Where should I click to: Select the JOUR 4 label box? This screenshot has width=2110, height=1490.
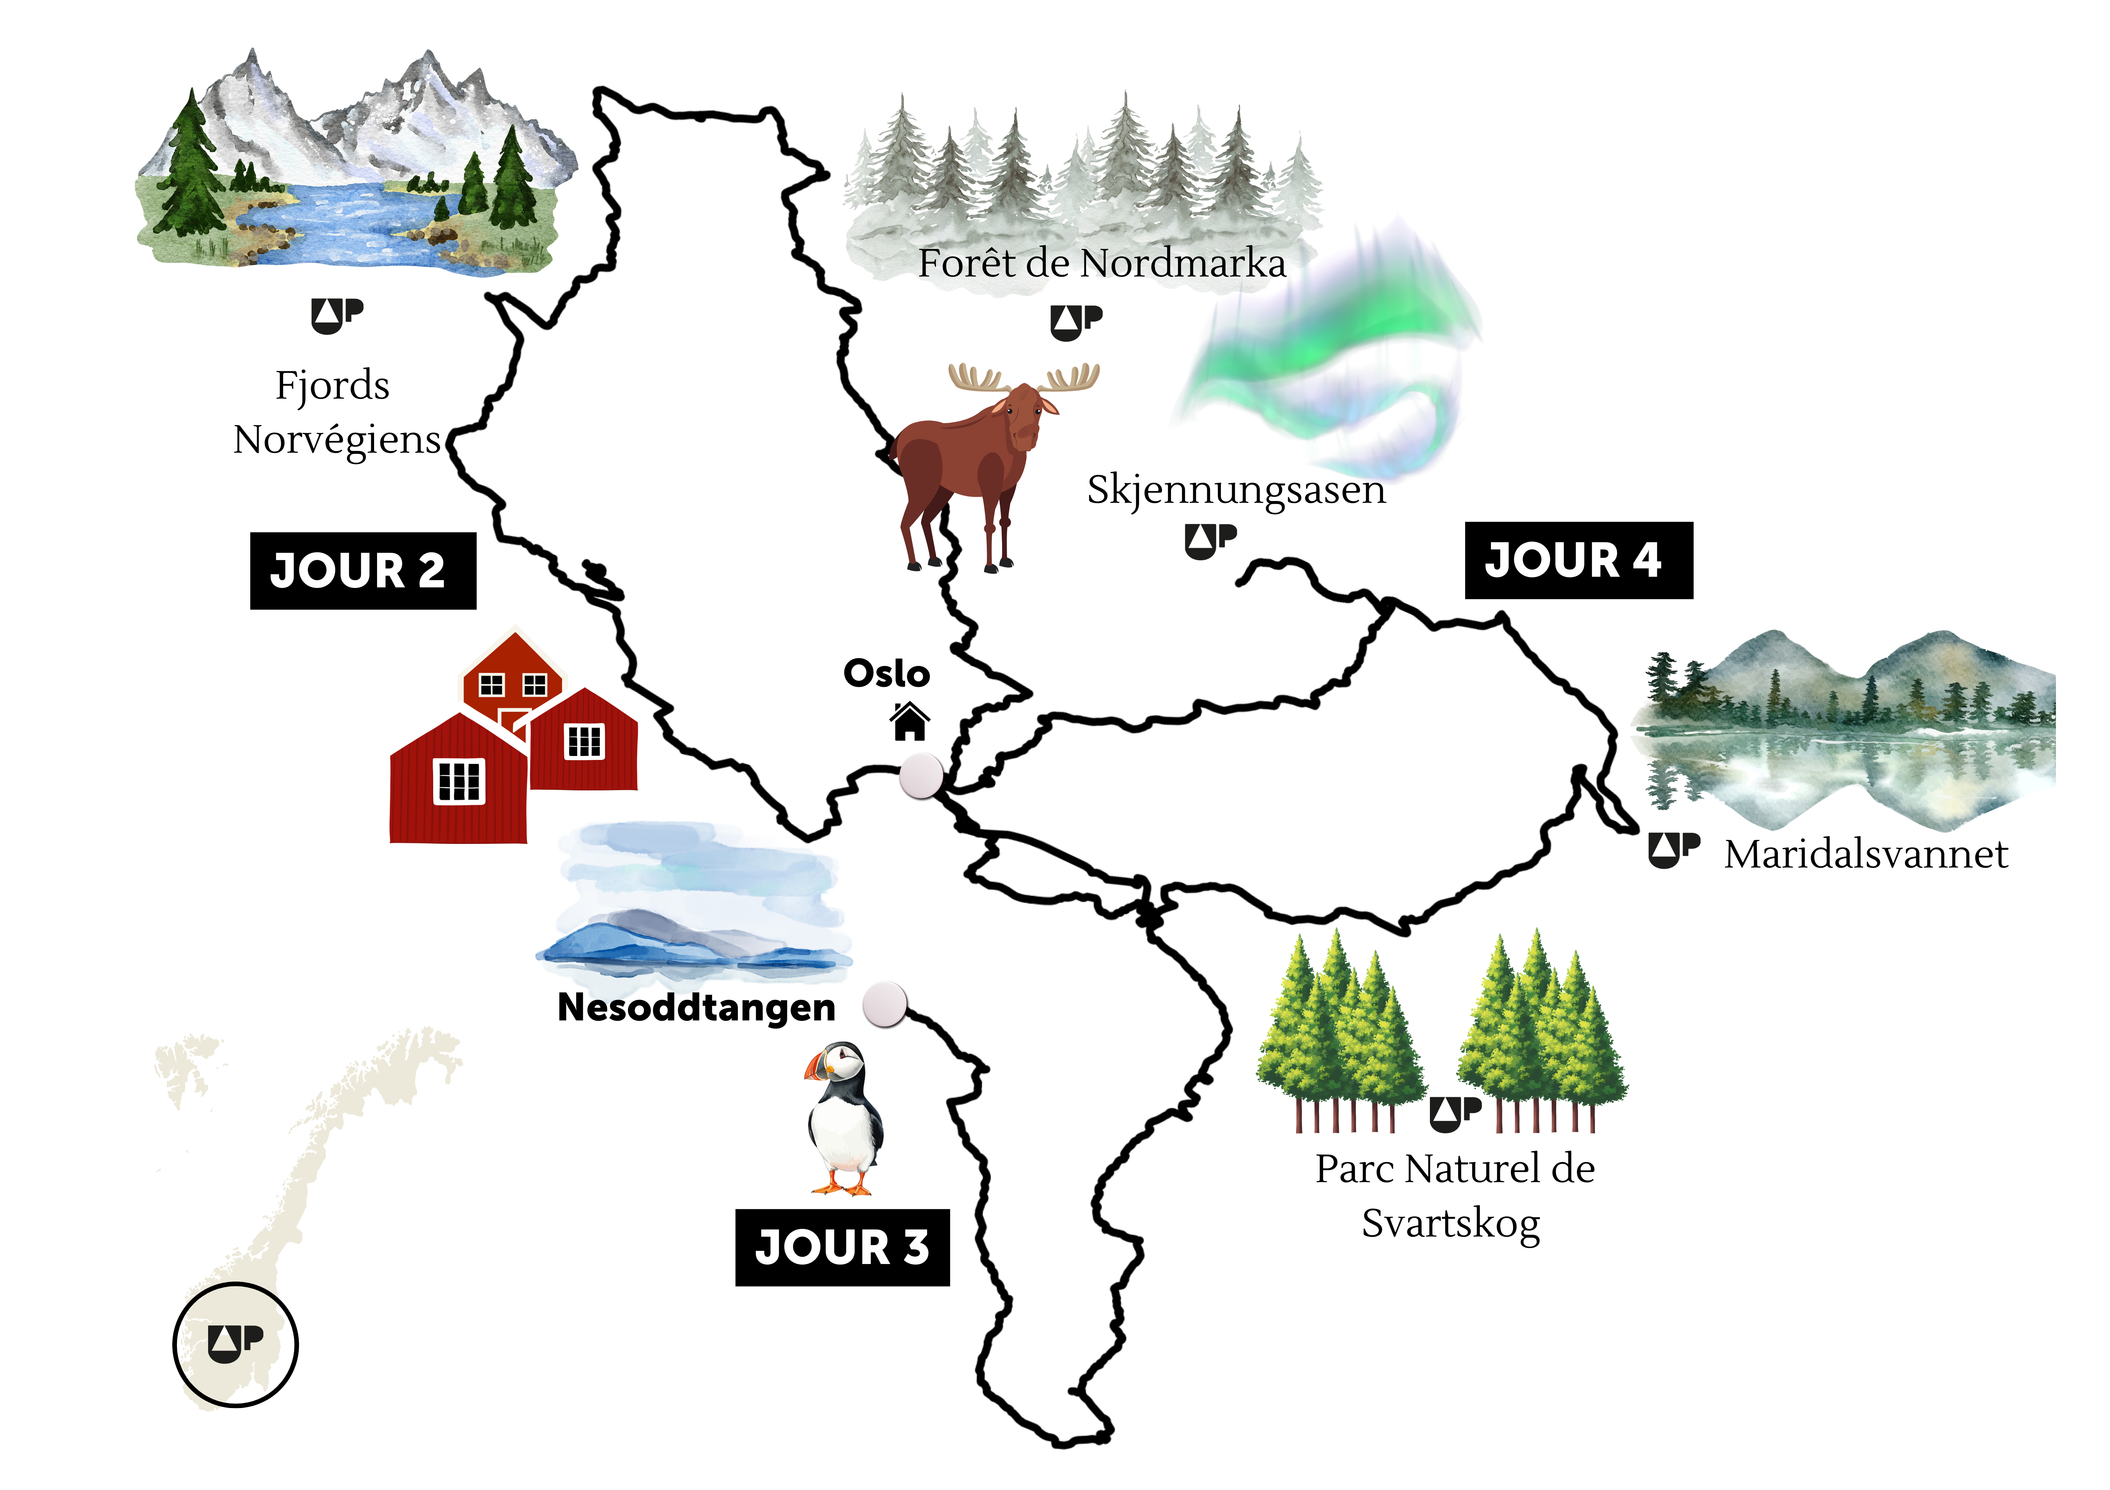pos(1578,560)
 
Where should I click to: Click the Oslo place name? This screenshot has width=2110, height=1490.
pos(886,673)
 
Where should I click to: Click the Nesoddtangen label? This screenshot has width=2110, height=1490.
pos(696,1008)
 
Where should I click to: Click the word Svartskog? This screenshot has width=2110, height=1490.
pos(1450,1224)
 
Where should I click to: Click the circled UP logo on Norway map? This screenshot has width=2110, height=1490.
pos(235,1344)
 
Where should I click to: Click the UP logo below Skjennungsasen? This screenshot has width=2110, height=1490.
pos(1210,541)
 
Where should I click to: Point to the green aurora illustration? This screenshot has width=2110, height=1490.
pos(1333,358)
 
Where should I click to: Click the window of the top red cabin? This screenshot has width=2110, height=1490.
pos(492,684)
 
